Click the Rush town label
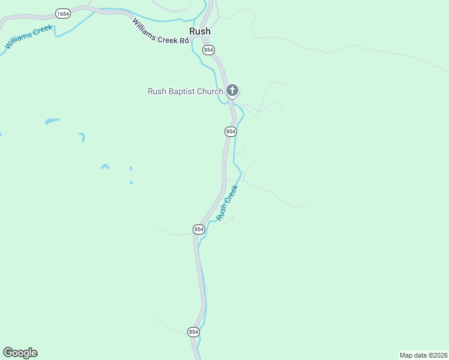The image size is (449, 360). (x=200, y=32)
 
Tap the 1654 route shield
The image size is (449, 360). (x=62, y=13)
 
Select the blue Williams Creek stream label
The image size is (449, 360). (x=29, y=37)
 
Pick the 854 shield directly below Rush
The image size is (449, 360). (x=208, y=50)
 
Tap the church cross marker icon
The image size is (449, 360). (x=232, y=91)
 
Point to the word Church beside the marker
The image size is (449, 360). (x=209, y=91)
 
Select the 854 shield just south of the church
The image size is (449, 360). (x=231, y=131)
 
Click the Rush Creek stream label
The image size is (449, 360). (x=228, y=202)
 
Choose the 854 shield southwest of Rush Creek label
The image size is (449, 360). (x=199, y=229)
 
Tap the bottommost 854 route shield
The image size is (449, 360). (x=193, y=331)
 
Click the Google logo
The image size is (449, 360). (x=20, y=353)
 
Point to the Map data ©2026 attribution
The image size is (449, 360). (x=423, y=355)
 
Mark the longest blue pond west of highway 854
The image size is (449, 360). (x=52, y=121)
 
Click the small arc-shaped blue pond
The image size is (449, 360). (x=105, y=166)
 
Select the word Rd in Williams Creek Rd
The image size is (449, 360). (x=184, y=40)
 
